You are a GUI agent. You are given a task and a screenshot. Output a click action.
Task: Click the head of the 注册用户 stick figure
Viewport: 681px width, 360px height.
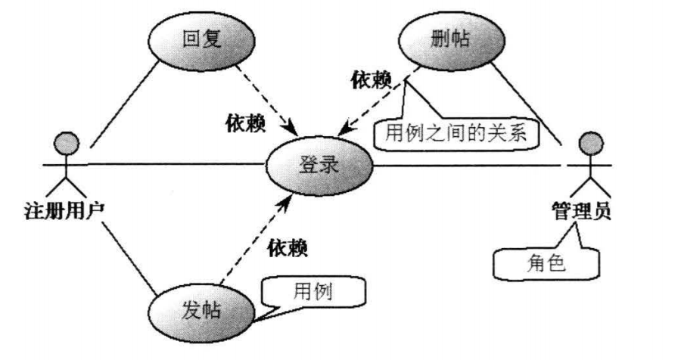pos(66,141)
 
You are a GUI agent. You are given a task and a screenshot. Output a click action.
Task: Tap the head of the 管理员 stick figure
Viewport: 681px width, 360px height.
pos(587,143)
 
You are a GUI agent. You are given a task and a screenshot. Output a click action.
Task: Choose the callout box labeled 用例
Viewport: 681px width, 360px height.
pos(313,290)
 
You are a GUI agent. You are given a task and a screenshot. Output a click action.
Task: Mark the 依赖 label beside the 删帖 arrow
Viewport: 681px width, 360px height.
pos(371,79)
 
